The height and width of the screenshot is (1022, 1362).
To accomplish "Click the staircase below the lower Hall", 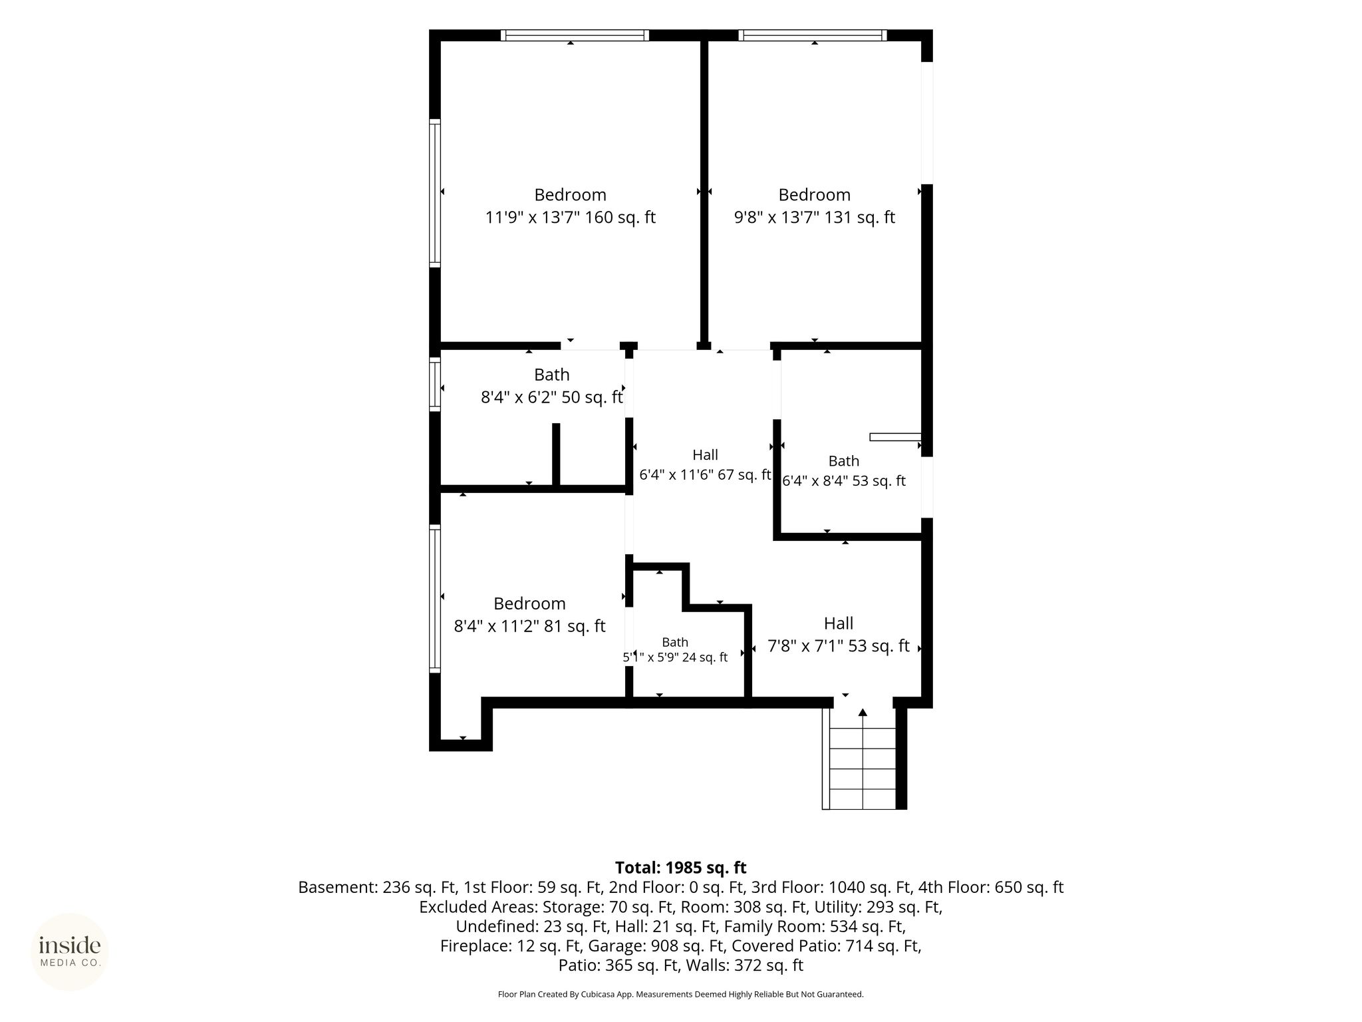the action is click(863, 758).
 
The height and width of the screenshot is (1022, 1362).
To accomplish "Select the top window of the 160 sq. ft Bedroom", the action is click(575, 35).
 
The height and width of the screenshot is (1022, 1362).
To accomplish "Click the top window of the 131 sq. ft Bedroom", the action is click(813, 35).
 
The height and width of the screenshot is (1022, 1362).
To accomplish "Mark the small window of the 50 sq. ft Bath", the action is click(435, 384).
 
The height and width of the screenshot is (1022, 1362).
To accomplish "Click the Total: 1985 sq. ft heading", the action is click(681, 868).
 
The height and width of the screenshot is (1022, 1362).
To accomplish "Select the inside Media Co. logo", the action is click(70, 951).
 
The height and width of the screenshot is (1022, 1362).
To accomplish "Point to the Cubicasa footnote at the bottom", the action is click(681, 995).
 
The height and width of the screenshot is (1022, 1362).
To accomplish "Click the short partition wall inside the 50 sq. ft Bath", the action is click(557, 454).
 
